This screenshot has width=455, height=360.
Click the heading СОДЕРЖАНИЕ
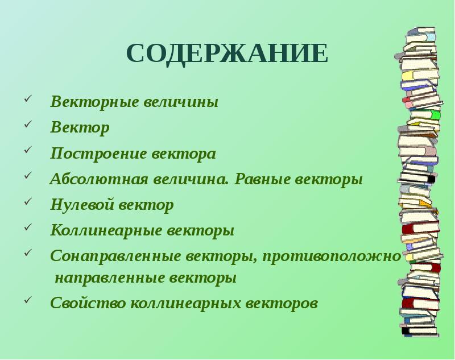point(227,53)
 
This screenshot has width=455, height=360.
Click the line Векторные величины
point(134,102)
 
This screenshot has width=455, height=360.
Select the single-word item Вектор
point(80,128)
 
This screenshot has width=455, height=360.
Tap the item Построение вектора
point(133,154)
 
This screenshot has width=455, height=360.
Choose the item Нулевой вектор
point(112,205)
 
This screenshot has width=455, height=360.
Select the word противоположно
point(332,256)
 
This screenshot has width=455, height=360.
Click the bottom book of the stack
point(420,330)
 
